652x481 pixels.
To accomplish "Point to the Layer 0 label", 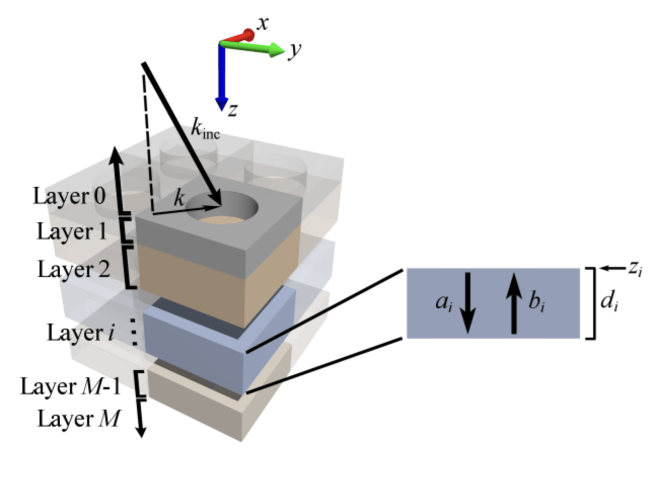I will (69, 196).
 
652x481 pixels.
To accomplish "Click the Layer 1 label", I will (71, 232).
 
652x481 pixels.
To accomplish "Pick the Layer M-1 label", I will (71, 387).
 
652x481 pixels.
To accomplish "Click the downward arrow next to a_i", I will (467, 303).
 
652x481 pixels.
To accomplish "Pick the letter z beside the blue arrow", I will (233, 109).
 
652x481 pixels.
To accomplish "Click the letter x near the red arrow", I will (262, 23).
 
